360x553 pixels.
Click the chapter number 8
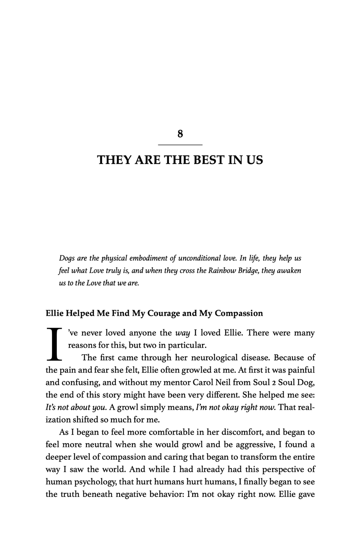180,134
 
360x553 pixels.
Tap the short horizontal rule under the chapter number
180,145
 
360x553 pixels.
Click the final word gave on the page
306,494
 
